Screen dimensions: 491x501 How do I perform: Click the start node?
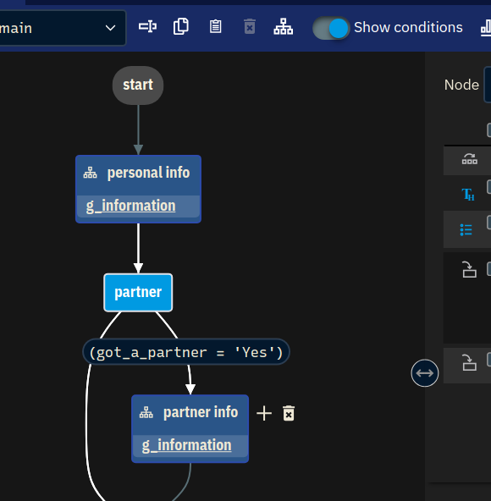tap(138, 85)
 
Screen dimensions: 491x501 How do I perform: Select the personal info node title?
tap(148, 173)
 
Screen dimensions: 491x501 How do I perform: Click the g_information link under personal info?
tap(130, 206)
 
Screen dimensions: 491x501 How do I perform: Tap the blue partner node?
tap(138, 292)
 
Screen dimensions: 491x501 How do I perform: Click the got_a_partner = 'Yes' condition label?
tap(186, 352)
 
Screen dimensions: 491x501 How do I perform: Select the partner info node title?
tap(201, 412)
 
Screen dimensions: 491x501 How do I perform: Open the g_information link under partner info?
tap(187, 445)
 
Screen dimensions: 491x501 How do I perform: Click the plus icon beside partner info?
tap(264, 414)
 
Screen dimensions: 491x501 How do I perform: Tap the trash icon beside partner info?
tap(289, 414)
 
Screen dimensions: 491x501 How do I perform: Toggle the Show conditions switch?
tap(331, 28)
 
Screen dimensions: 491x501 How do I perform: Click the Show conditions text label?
tap(408, 27)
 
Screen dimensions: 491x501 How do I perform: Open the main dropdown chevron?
tap(110, 28)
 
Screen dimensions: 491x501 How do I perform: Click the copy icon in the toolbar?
tap(181, 26)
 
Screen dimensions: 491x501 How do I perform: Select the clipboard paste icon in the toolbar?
tap(216, 26)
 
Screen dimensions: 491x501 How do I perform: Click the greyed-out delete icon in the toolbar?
tap(250, 26)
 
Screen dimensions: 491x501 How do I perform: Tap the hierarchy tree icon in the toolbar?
tap(284, 26)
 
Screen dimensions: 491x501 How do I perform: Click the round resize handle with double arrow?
tap(424, 373)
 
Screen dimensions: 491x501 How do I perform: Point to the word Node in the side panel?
tap(461, 85)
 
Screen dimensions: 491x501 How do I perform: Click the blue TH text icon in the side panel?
tap(467, 195)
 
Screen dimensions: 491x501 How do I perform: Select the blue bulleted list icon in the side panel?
tap(466, 229)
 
